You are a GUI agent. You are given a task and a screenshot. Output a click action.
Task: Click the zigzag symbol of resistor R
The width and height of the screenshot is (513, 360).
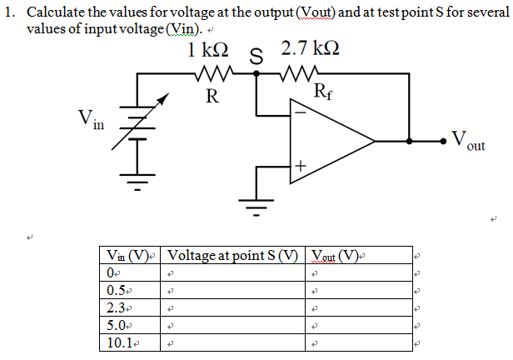pos(212,74)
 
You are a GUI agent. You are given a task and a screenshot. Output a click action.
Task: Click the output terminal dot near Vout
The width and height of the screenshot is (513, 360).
pos(443,140)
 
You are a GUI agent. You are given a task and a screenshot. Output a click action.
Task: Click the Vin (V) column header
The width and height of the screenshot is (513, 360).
pos(130,255)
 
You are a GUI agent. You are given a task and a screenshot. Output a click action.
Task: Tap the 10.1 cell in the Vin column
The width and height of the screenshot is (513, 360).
pos(120,342)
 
